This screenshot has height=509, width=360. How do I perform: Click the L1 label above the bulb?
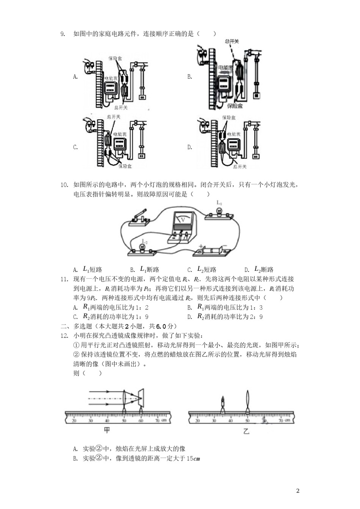pyautogui.click(x=219, y=203)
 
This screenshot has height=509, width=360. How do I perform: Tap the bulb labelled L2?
pyautogui.click(x=142, y=248)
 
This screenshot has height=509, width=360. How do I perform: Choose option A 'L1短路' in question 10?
pyautogui.click(x=92, y=269)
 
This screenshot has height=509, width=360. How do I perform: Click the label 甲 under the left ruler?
pyautogui.click(x=107, y=430)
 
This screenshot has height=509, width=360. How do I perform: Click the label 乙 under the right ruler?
pyautogui.click(x=246, y=431)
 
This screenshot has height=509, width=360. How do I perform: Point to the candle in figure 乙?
pyautogui.click(x=223, y=403)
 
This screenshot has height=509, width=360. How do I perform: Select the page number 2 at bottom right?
pyautogui.click(x=297, y=491)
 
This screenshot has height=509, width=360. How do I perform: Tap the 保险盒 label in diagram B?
pyautogui.click(x=235, y=106)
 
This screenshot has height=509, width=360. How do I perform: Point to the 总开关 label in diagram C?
pyautogui.click(x=113, y=117)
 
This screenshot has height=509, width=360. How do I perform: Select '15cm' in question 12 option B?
pyautogui.click(x=193, y=459)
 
